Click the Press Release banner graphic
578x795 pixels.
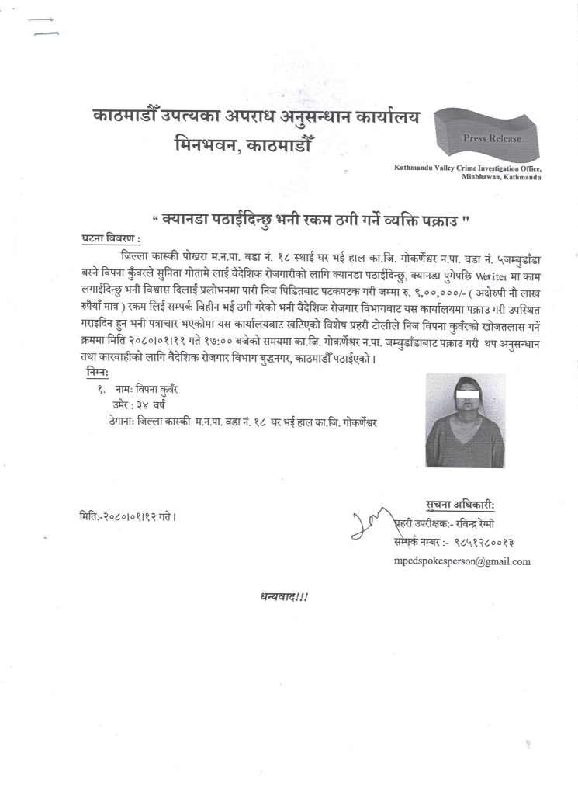(484, 137)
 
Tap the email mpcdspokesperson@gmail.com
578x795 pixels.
(462, 561)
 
